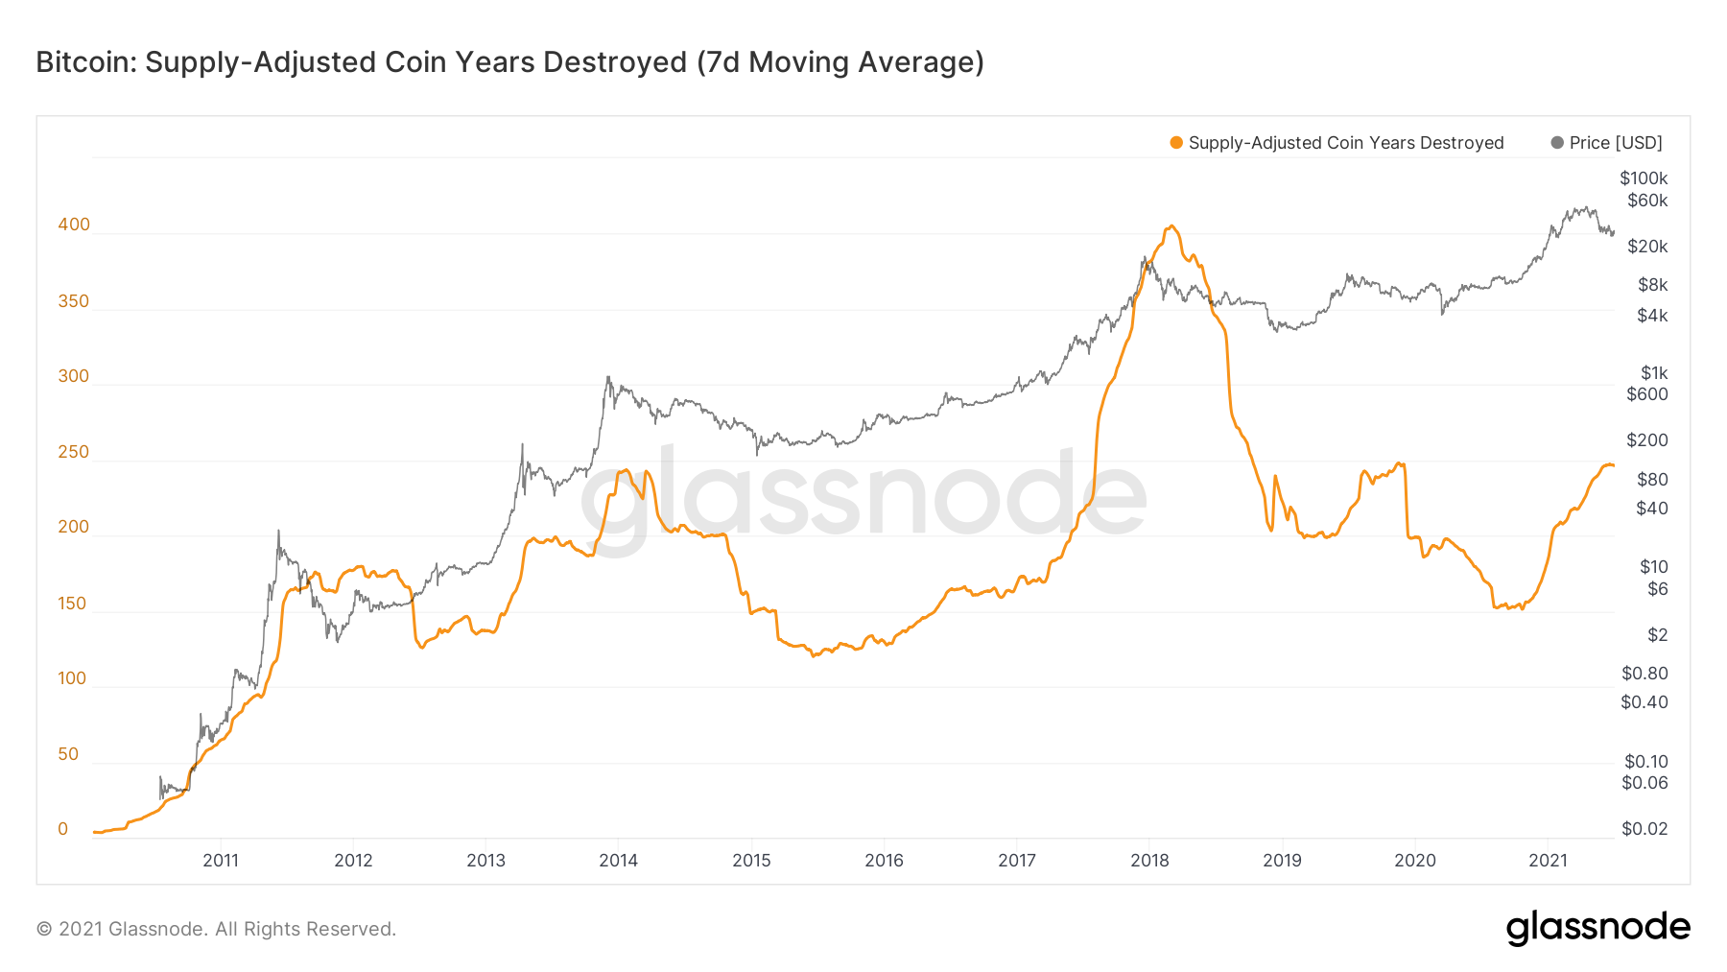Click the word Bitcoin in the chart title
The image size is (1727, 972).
coord(85,62)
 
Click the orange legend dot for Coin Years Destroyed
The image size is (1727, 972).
coord(1176,143)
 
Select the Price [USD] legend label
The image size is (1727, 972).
coord(1616,143)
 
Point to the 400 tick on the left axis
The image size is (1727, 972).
coord(74,225)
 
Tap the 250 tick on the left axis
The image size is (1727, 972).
coord(74,452)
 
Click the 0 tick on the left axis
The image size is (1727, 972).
coord(63,829)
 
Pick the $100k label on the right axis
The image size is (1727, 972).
coord(1644,178)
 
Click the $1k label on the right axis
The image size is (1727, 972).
coord(1653,373)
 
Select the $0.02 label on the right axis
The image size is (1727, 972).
coord(1644,829)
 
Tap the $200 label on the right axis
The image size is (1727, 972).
coord(1646,440)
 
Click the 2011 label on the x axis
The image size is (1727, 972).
coord(221,861)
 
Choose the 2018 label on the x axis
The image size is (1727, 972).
coord(1149,861)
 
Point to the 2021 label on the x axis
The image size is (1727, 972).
coord(1548,861)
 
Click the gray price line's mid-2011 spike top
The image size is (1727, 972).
coord(278,531)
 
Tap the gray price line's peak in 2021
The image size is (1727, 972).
coord(1588,207)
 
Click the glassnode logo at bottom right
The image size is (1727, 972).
coord(1597,928)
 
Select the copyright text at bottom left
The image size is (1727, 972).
coord(216,929)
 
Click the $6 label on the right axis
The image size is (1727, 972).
coord(1657,589)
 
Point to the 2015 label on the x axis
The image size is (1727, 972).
coord(751,861)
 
